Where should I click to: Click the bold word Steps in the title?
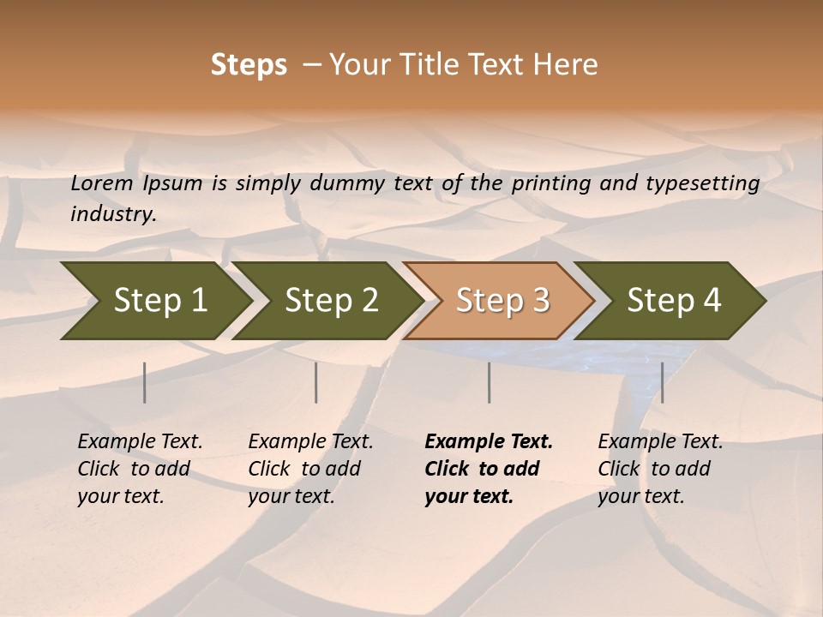pyautogui.click(x=249, y=65)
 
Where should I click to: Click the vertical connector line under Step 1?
pyautogui.click(x=145, y=382)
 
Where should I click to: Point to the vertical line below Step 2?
pyautogui.click(x=316, y=382)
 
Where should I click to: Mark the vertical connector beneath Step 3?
pyautogui.click(x=489, y=382)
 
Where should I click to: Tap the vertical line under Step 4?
pyautogui.click(x=662, y=382)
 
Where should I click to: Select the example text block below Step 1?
pyautogui.click(x=140, y=469)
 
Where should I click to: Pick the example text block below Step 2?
pyautogui.click(x=310, y=469)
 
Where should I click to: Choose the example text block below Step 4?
pyautogui.click(x=660, y=469)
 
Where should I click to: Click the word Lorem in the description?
pyautogui.click(x=102, y=183)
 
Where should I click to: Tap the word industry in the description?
pyautogui.click(x=113, y=213)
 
